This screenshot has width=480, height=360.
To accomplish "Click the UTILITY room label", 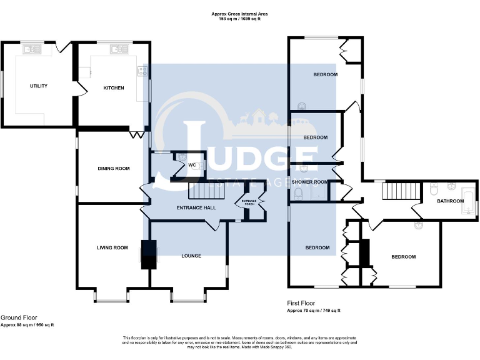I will coord(38,86).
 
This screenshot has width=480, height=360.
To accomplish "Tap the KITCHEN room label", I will coord(113,87).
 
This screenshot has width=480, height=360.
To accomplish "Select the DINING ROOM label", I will coord(113,168).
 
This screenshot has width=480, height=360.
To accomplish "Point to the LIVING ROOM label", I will coord(112,247).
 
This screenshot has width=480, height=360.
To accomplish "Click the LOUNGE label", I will coord(191,256).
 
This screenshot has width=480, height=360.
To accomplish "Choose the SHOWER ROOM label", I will coord(314,182).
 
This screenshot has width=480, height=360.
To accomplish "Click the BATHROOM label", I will coord(450,201).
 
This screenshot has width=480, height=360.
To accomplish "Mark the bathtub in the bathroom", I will coord(468,201).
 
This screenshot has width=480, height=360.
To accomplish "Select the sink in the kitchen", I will coord(117,47).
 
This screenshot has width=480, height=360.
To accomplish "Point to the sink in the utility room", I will coord(30,47).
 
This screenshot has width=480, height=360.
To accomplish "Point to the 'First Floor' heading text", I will coord(301,302).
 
